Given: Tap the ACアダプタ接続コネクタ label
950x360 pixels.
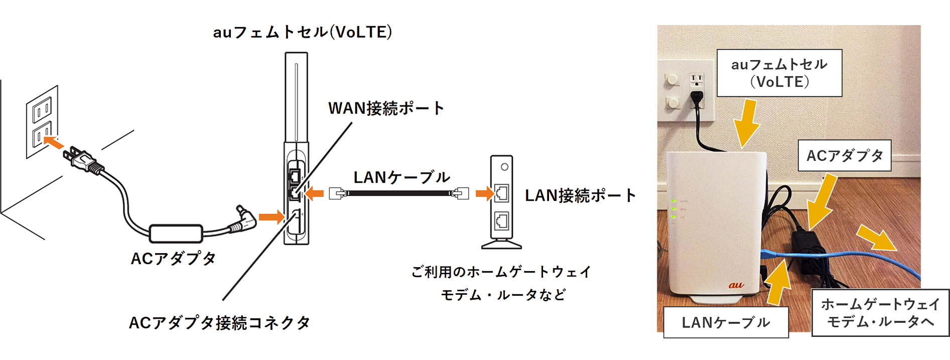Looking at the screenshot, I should click(x=219, y=323).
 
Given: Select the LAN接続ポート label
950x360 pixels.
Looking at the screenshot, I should click(x=580, y=196).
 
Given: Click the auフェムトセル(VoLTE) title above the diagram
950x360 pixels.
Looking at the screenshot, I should click(x=302, y=33).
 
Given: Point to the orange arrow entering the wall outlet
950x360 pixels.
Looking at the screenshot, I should click(x=53, y=142).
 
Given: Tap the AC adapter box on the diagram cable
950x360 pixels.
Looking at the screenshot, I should click(x=176, y=233).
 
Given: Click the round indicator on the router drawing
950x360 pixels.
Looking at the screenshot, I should click(x=504, y=167).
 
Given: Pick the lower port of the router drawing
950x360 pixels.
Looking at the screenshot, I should click(x=501, y=220).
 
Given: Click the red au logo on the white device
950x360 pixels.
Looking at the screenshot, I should click(x=736, y=285).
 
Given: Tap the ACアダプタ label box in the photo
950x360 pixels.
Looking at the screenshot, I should click(x=845, y=156).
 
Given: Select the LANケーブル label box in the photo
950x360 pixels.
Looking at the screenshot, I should click(x=726, y=322).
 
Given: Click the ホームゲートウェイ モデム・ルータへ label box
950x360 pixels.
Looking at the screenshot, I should click(x=880, y=312).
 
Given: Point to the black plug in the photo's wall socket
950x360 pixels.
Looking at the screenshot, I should click(x=696, y=97).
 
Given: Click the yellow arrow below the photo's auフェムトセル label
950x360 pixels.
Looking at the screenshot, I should click(x=747, y=123).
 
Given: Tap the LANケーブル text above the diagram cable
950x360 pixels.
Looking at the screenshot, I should click(x=401, y=177).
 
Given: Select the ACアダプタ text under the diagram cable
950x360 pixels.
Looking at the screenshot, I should click(x=173, y=259).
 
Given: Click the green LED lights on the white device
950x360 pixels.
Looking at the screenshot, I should click(x=673, y=209).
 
